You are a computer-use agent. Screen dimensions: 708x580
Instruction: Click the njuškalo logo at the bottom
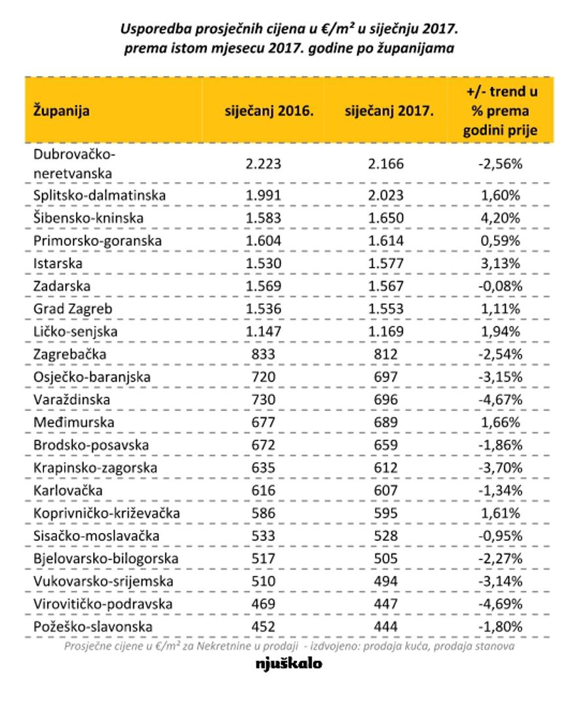tap(289, 664)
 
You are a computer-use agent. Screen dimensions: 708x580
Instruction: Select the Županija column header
tap(62, 110)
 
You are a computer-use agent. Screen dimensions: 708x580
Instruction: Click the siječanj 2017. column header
tap(389, 110)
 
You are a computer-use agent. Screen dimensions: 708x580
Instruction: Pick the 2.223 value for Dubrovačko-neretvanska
tap(263, 163)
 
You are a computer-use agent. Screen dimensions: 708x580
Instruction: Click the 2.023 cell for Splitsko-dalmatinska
tap(386, 195)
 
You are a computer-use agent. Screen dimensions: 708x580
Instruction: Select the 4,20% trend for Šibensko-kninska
tap(500, 218)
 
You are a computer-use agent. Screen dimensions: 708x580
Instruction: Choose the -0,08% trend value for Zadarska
tap(500, 286)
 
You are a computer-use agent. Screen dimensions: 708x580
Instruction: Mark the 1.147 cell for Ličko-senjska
tap(263, 332)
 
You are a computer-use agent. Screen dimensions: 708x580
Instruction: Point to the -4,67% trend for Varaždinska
tap(500, 399)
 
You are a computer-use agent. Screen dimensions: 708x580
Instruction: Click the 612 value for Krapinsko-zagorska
tap(386, 467)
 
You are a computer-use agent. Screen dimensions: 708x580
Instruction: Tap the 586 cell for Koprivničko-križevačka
tap(263, 513)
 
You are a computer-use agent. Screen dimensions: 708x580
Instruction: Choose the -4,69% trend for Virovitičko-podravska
tap(500, 604)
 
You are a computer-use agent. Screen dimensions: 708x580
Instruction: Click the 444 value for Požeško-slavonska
tap(386, 627)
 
